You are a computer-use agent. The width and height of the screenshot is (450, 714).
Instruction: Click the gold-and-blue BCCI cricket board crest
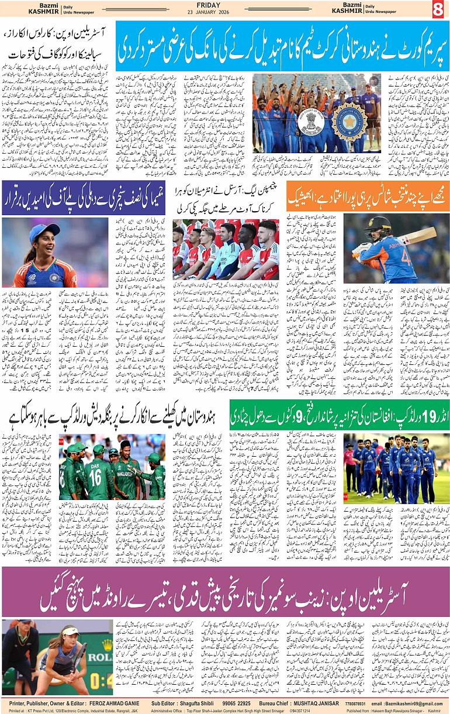[349, 121]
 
